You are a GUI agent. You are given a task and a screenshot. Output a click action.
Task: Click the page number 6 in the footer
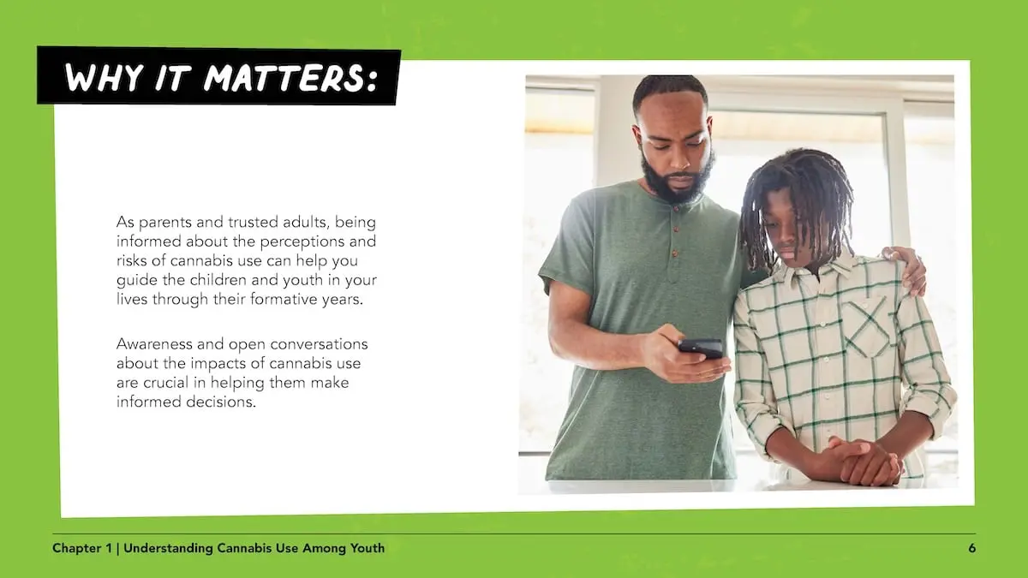click(971, 548)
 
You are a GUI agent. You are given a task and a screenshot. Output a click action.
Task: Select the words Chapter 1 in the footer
click(81, 548)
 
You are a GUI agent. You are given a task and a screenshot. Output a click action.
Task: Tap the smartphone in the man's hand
click(701, 347)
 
